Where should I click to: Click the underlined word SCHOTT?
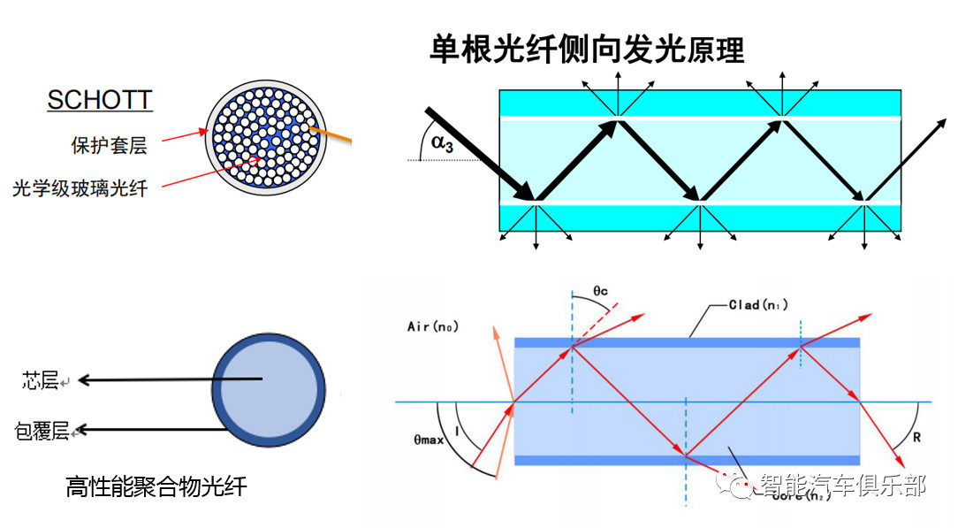click(100, 100)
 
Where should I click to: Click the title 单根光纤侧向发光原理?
click(587, 49)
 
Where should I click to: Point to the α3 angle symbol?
click(438, 143)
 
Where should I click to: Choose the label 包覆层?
click(42, 431)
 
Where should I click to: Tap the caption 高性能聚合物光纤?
click(156, 486)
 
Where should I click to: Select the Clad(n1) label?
click(758, 305)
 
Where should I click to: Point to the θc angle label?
click(600, 290)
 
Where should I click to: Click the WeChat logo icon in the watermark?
click(735, 484)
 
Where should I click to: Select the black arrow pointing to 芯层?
click(168, 380)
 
